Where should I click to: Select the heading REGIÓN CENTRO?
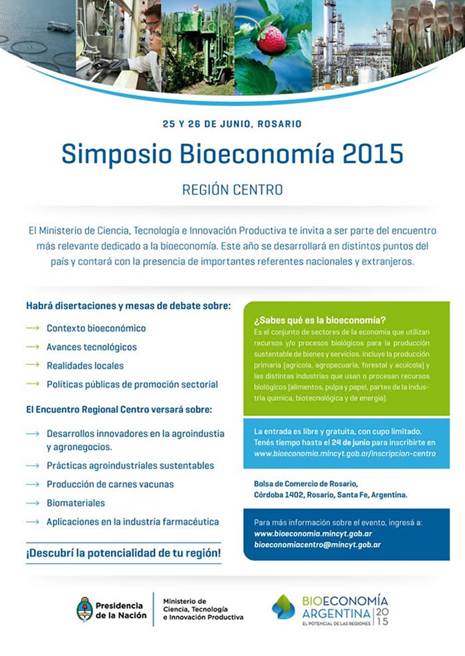232,190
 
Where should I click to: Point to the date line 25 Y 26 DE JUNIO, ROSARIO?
232,123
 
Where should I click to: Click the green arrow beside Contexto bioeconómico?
33,328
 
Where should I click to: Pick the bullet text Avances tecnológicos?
92,347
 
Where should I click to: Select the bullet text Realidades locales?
85,366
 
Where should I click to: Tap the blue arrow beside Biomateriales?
33,503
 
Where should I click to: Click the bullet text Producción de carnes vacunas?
110,484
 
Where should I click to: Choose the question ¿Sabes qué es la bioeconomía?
319,320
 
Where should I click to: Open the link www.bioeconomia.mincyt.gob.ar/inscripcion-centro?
345,454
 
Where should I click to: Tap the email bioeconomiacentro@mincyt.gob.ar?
317,545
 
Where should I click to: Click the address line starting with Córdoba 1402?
330,495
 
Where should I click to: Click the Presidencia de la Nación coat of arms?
84,609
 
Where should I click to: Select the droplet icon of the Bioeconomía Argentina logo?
283,607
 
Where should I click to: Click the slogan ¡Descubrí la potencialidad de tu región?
123,553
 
